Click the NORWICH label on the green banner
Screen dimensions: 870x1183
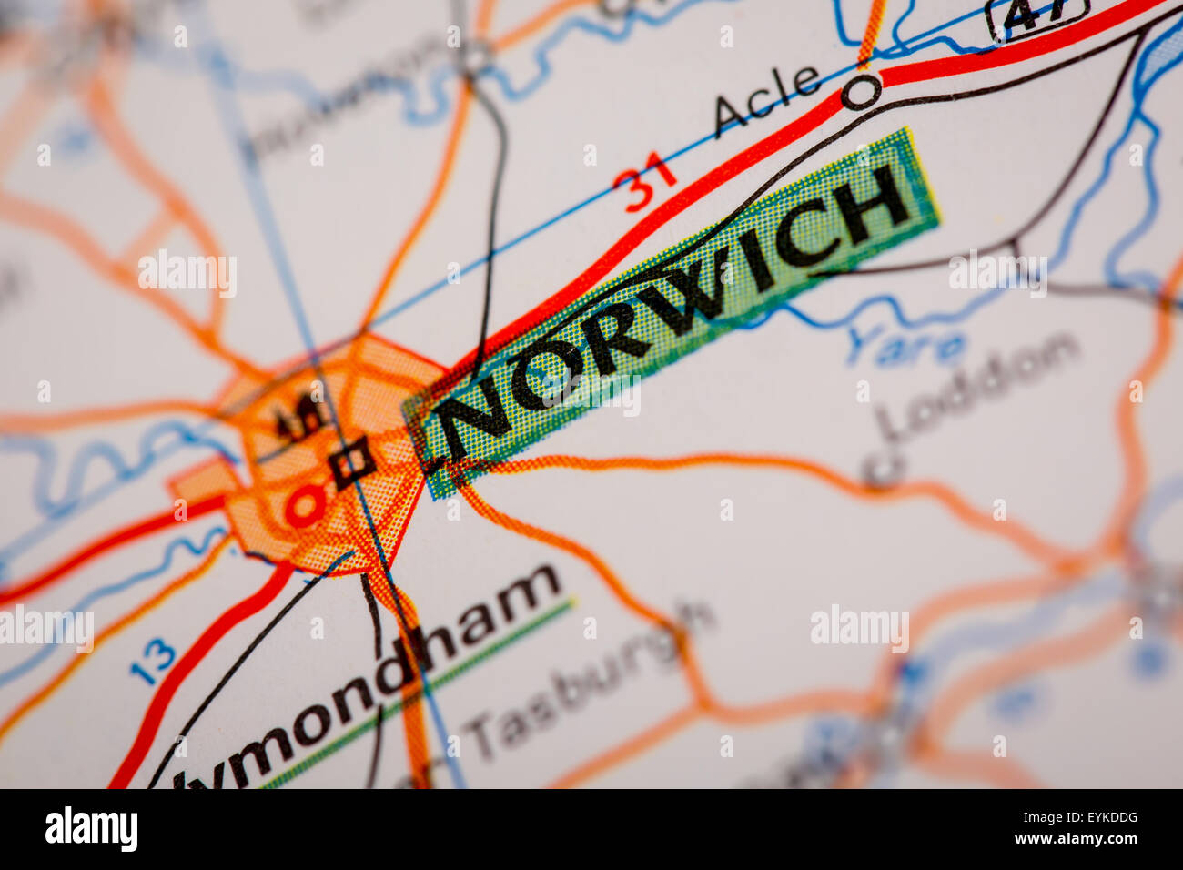click(x=673, y=309)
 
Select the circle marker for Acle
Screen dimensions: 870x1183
click(x=861, y=92)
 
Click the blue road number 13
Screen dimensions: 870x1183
click(x=152, y=662)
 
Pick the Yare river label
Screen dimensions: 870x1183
click(x=905, y=346)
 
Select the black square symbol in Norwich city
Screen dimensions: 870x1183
click(x=352, y=463)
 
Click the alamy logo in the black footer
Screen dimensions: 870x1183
click(x=91, y=829)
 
